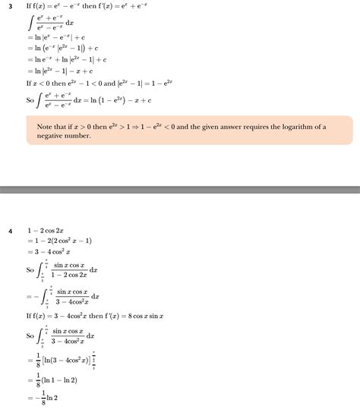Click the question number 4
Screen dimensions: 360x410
[x=11, y=229]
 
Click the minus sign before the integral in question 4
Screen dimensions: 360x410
[x=30, y=297]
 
